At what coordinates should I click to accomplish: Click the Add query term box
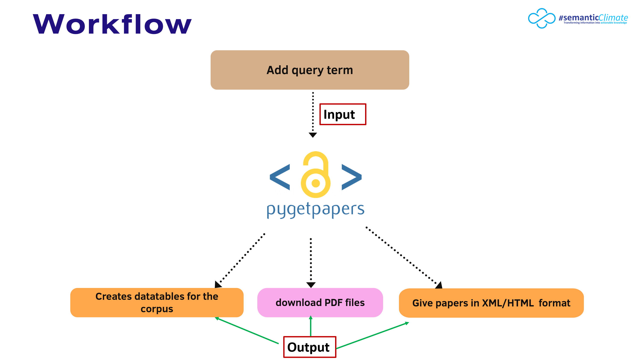click(x=310, y=70)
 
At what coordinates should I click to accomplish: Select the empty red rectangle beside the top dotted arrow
click(x=343, y=114)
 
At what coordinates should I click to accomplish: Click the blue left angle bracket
click(x=280, y=177)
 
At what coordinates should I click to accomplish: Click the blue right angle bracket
click(x=351, y=177)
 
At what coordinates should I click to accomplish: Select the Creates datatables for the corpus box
click(x=157, y=303)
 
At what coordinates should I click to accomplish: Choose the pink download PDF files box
click(x=320, y=303)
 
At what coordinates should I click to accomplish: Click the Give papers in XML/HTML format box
click(x=491, y=303)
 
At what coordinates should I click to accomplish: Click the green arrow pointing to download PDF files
click(x=311, y=326)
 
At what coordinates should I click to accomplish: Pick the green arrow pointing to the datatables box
click(x=247, y=330)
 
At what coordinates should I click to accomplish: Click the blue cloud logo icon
click(x=541, y=18)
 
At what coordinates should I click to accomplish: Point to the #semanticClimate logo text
click(x=593, y=18)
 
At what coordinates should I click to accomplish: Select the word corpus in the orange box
click(x=157, y=309)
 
